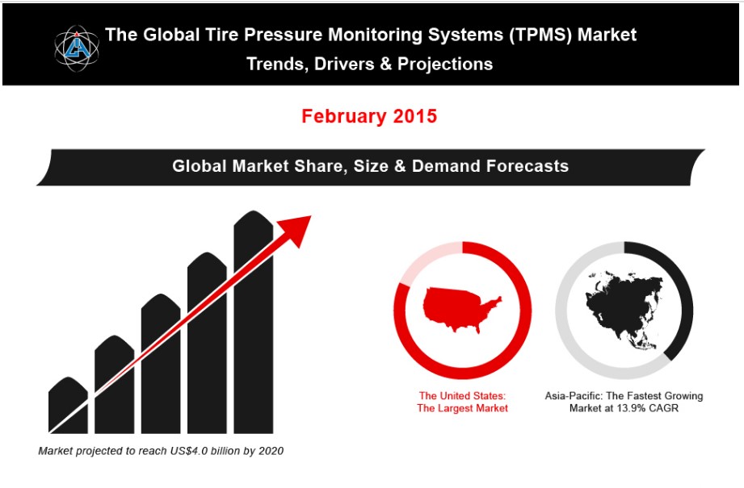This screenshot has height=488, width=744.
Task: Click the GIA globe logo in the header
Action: click(77, 48)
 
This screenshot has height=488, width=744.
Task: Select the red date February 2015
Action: click(369, 116)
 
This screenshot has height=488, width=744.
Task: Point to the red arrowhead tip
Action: click(311, 216)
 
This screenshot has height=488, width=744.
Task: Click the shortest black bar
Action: click(68, 405)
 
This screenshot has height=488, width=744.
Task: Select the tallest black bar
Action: click(254, 322)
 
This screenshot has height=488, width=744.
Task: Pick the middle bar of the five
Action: click(161, 364)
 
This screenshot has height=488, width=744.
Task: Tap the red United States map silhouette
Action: click(461, 309)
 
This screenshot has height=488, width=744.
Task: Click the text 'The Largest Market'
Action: click(462, 408)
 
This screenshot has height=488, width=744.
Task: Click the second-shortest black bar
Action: click(115, 384)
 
